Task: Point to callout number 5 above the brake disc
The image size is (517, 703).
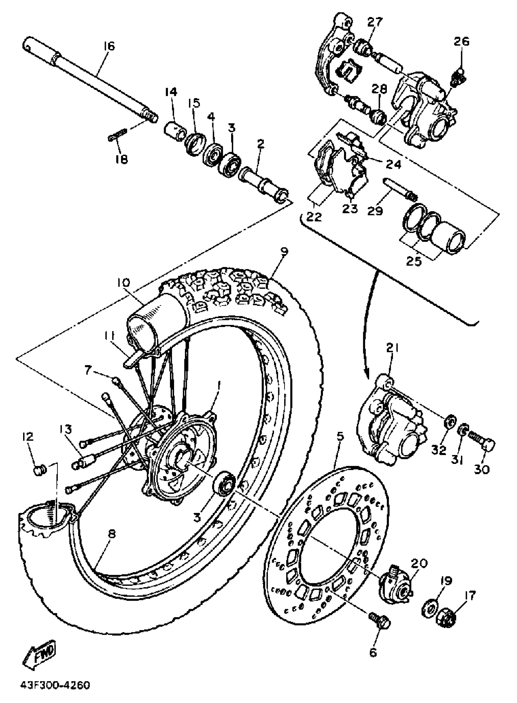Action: tap(340, 436)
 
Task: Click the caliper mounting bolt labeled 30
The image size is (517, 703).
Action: tap(483, 443)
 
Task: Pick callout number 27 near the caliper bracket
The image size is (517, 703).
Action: tap(375, 22)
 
